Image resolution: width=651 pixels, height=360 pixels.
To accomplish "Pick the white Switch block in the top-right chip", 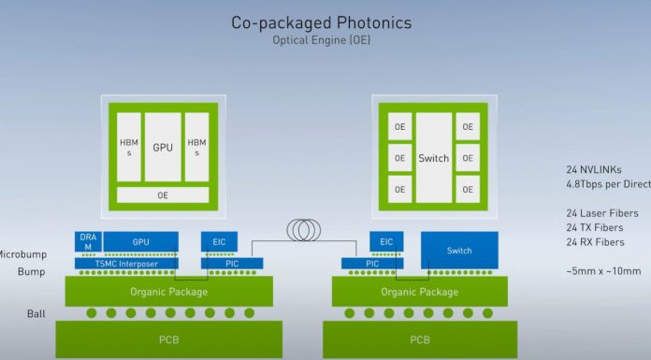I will (433, 158).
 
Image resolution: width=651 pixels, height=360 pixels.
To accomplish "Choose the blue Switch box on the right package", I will (459, 251).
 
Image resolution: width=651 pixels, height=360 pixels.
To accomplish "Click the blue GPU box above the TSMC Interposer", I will (141, 240).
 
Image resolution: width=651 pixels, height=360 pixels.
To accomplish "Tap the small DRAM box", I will (88, 241).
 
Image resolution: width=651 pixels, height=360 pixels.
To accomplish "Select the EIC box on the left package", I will (219, 241).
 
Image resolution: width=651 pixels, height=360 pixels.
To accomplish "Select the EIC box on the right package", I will (386, 241).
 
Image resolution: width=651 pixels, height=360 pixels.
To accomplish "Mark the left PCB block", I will (155, 338).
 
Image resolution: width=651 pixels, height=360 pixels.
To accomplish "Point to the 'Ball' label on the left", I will (36, 313).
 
